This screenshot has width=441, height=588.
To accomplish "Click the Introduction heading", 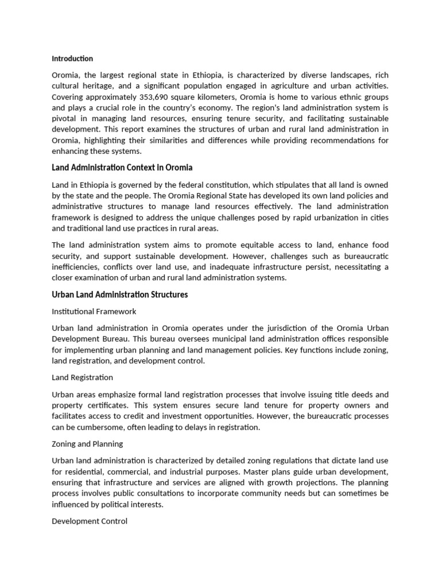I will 72,59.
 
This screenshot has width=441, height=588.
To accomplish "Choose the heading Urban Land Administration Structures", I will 119,295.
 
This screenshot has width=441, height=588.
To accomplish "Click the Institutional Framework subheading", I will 94,311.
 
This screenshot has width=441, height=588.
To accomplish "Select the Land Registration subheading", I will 82,377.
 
